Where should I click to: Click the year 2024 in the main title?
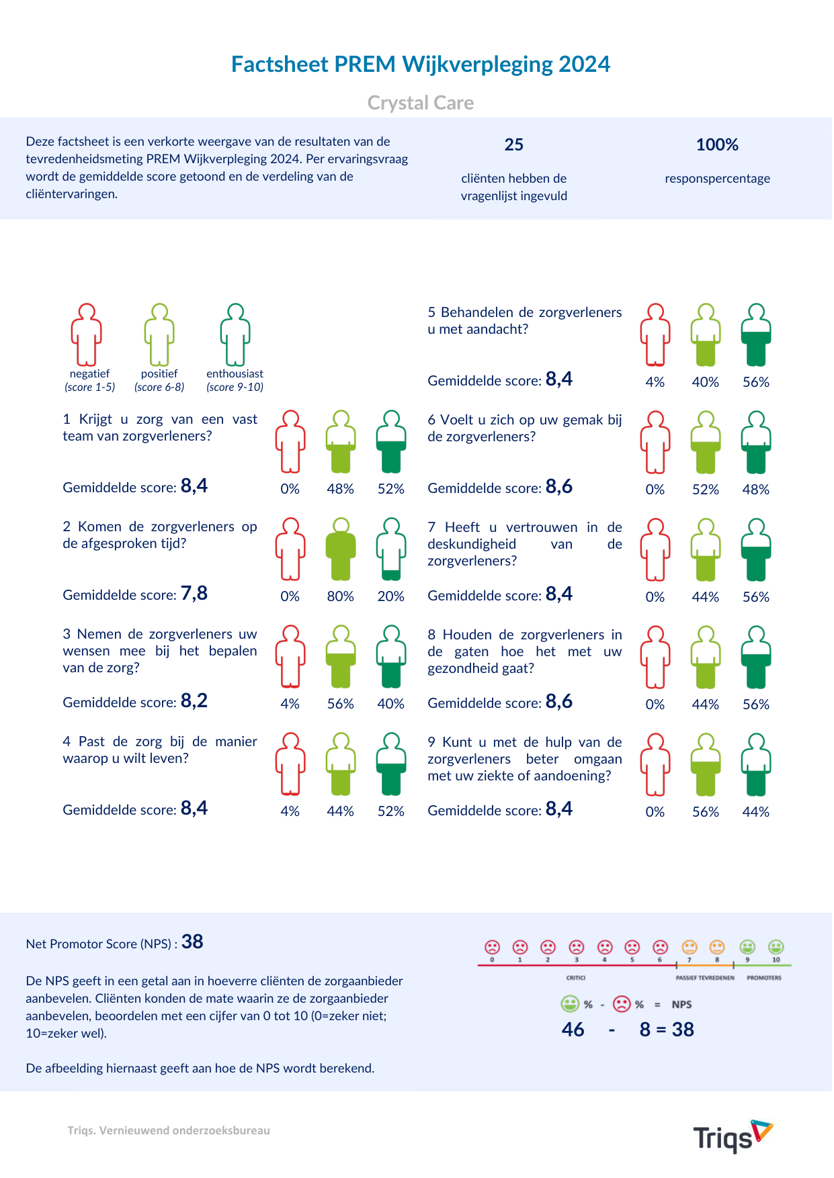pos(584,64)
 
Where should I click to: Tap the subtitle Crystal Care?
pos(420,103)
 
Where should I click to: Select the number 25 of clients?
pos(513,145)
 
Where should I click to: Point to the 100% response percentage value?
pos(716,145)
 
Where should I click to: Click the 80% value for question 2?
pos(340,596)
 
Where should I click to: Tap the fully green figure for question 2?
pos(341,549)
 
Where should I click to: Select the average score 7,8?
pos(194,594)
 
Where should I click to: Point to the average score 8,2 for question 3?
pos(194,701)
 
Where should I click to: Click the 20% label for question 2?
pos(390,596)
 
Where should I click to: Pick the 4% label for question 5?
pos(655,382)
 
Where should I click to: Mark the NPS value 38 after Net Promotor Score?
pos(192,942)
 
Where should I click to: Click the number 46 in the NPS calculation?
pos(573,1030)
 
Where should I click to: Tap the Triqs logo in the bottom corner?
pos(732,1136)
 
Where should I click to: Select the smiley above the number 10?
pos(776,947)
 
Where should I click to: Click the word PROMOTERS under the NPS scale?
pos(764,978)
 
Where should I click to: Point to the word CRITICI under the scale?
pos(575,978)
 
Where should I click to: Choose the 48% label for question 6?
pos(755,490)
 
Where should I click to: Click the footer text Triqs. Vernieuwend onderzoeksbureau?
pos(169,1130)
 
